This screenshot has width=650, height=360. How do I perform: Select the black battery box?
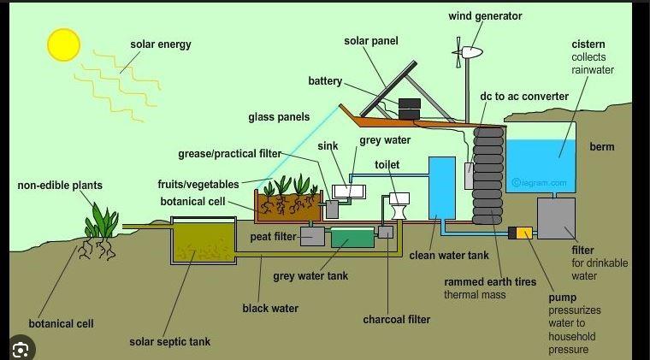[x=410, y=109]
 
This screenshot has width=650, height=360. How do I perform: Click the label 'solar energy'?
[x=160, y=44]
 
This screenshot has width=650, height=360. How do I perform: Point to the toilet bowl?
[x=399, y=206]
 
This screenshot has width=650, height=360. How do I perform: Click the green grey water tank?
[x=352, y=238]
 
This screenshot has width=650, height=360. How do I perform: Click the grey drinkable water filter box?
[x=556, y=218]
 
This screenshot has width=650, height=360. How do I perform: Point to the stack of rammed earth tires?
[x=487, y=174]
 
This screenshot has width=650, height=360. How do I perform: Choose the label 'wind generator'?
[x=485, y=16]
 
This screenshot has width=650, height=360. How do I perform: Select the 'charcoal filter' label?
[x=396, y=320]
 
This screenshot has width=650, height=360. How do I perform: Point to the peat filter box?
[x=313, y=236]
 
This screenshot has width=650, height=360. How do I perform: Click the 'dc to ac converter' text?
[x=523, y=96]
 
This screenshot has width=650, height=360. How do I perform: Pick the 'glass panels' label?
[x=279, y=116]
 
